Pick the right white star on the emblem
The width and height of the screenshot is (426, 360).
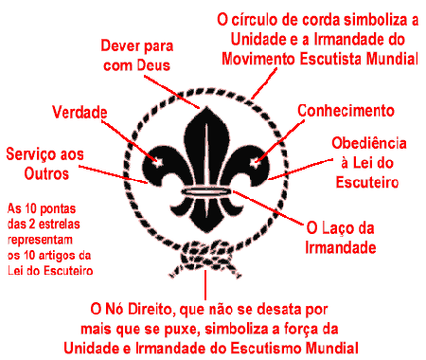(255, 162)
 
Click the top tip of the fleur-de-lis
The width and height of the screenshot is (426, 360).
(206, 101)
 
